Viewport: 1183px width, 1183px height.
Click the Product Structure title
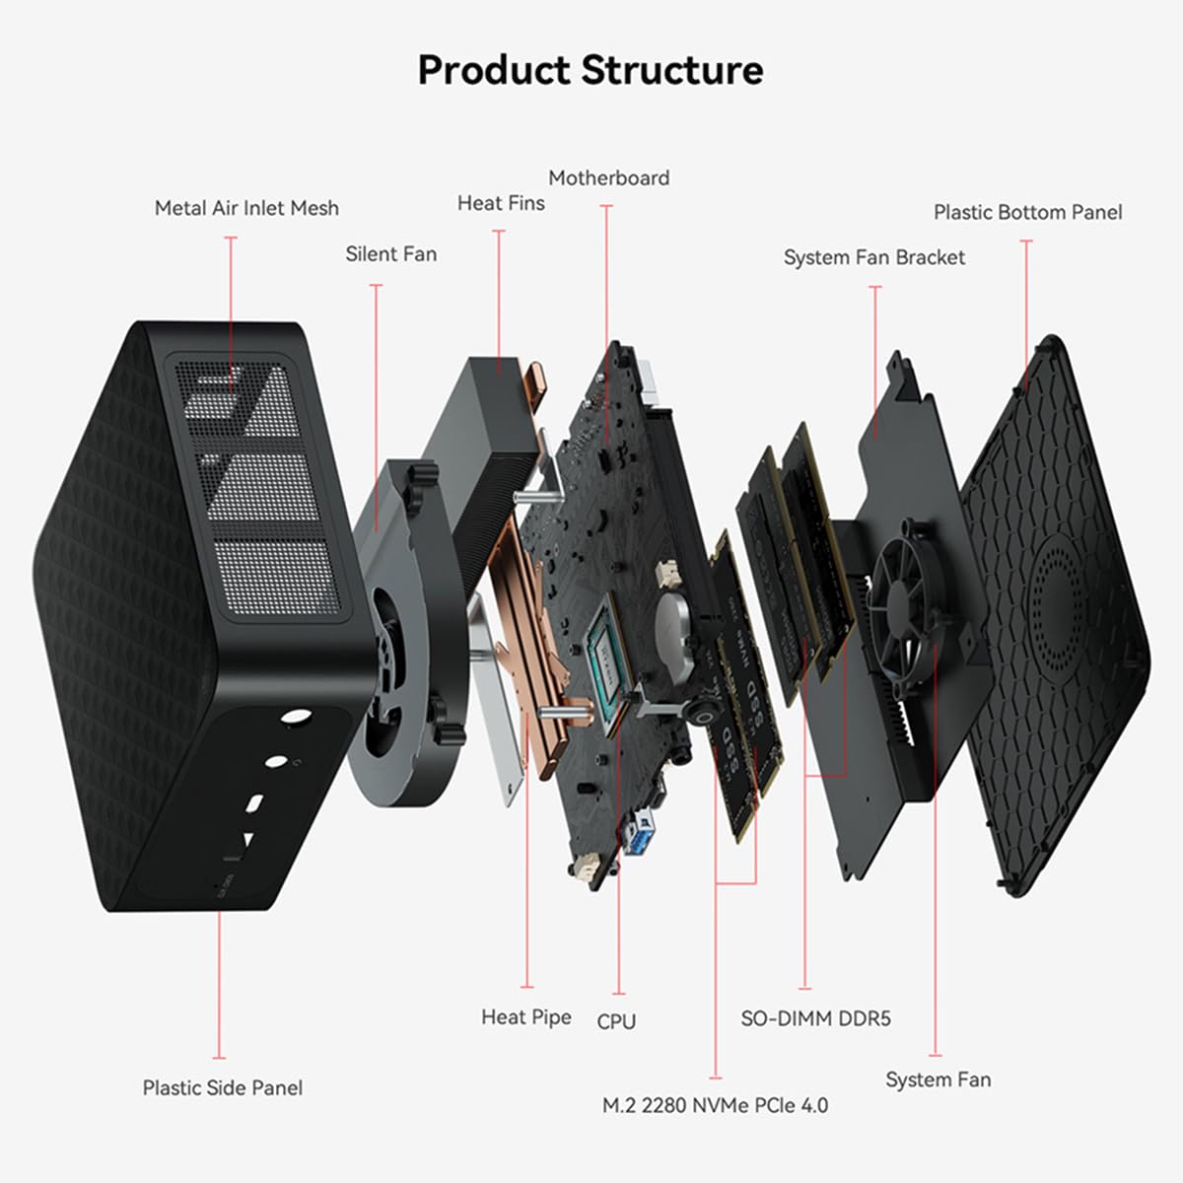click(590, 71)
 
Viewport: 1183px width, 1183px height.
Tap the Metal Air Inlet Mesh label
click(246, 208)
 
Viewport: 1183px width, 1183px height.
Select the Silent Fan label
click(390, 253)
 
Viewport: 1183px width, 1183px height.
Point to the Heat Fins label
click(501, 203)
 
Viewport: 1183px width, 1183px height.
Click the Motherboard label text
click(608, 178)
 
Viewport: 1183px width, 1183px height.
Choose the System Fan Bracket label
click(873, 257)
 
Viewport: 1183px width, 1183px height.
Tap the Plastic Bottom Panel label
click(1027, 212)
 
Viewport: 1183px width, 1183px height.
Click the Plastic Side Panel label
click(222, 1087)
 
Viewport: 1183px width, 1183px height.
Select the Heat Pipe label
click(525, 1016)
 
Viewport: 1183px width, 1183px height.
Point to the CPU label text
click(616, 1022)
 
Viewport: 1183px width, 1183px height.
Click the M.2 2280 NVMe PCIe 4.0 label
click(715, 1105)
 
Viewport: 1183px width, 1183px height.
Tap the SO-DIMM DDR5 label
click(815, 1018)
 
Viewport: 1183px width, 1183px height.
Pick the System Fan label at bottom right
click(938, 1079)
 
